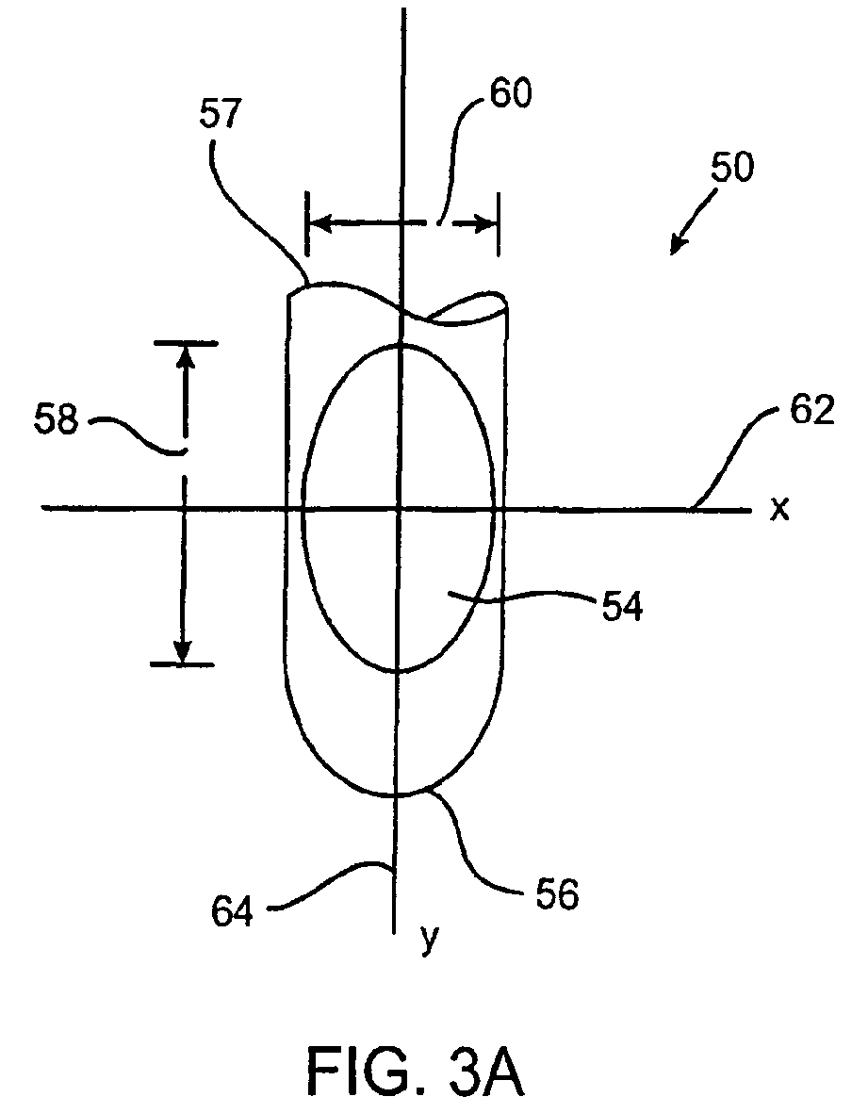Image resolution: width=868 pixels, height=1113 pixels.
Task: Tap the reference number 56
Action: point(555,894)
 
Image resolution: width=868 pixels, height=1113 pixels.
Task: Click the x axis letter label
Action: point(778,510)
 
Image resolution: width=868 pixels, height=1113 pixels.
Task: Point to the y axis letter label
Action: point(428,939)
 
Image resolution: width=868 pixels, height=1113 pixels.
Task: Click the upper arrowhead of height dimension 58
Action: point(183,353)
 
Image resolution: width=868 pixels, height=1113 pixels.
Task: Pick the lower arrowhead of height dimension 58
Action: point(183,652)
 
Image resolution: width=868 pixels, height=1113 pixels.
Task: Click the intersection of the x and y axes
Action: point(400,509)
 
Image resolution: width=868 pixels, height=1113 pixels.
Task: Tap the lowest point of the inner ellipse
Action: point(400,672)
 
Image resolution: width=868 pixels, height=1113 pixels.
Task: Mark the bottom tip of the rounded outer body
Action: point(397,795)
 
